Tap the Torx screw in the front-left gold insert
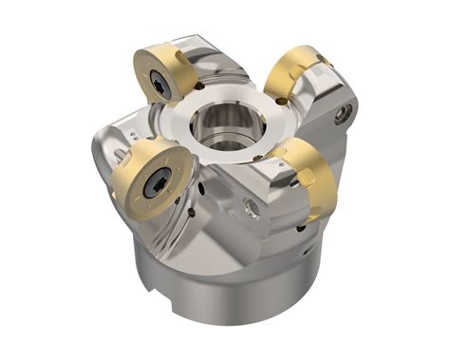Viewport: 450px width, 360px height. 153,186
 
